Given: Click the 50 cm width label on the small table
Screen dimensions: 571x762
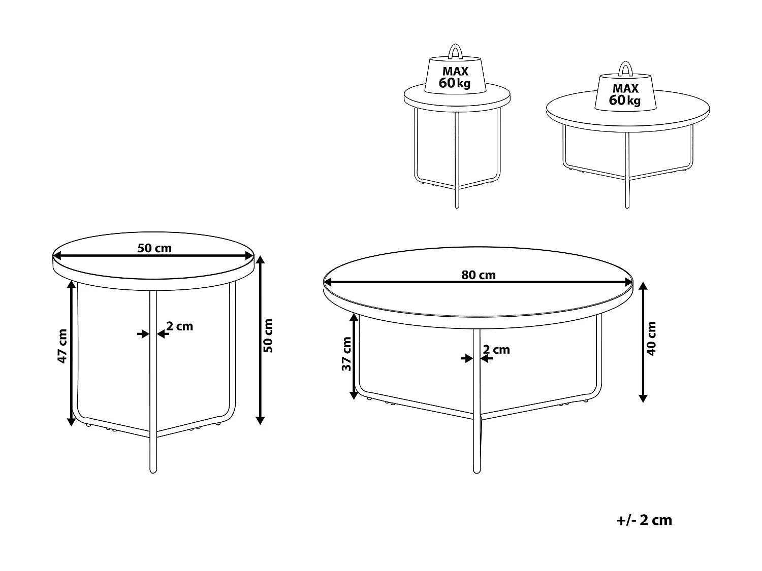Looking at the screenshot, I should pos(154,248).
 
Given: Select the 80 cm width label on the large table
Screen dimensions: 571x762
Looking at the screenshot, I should pos(478,275).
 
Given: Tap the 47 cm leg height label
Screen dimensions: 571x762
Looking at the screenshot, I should pos(62,346).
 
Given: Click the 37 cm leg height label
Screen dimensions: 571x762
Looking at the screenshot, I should pos(346,354).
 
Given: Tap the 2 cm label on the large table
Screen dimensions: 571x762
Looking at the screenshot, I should pos(496,350).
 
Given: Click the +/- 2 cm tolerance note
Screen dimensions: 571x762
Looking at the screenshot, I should pos(644,520).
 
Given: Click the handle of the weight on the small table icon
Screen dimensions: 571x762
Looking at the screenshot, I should pos(455,52).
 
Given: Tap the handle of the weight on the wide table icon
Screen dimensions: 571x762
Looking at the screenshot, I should pos(625,69).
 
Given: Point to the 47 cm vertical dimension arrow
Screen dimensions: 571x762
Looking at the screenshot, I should pos(71,353).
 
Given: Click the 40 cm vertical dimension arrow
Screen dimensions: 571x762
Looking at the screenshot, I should pos(643,342).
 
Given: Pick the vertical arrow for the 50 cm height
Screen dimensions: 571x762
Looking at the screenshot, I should pos(260,340).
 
